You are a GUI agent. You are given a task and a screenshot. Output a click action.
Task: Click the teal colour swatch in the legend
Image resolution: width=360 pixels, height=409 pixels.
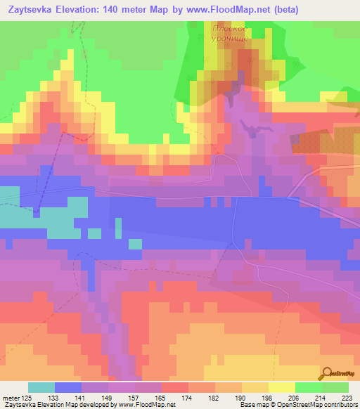point(41,387)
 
